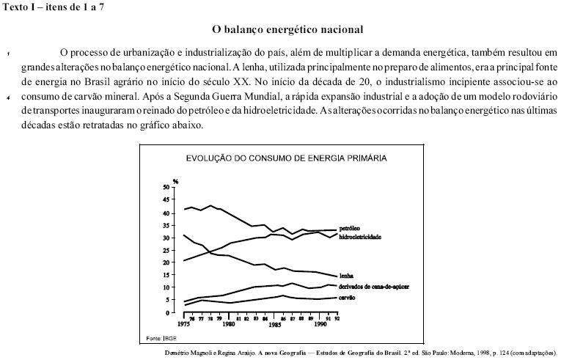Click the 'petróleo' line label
coord(350,229)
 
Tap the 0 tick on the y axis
coord(166,312)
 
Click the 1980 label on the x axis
coord(229,323)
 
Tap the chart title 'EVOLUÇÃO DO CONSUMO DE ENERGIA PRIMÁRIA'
coord(287,157)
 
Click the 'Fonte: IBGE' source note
coord(161,337)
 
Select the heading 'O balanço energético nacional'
coord(288,30)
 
